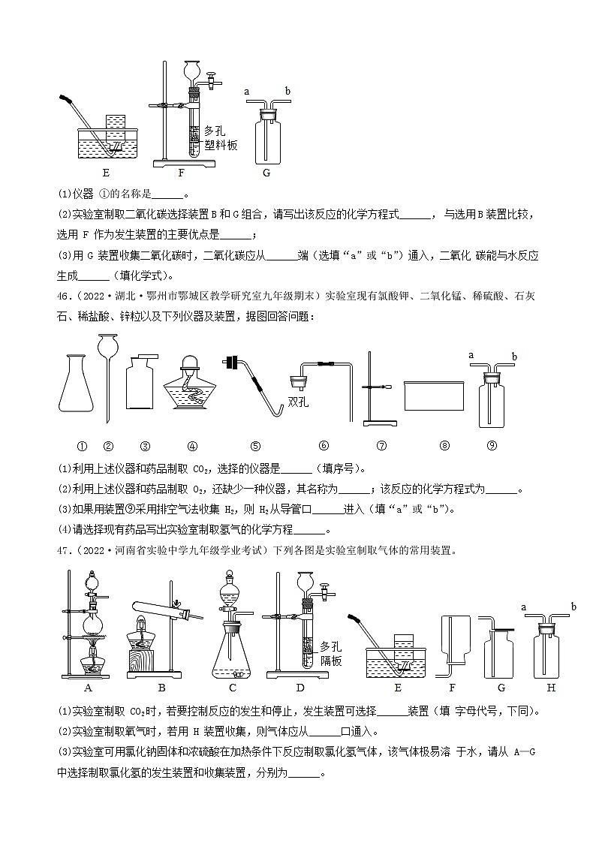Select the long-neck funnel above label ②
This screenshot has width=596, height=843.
pyautogui.click(x=107, y=375)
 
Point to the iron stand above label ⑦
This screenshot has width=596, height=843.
pyautogui.click(x=373, y=387)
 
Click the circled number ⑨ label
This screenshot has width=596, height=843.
pyautogui.click(x=492, y=445)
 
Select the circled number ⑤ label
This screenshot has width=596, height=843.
pyautogui.click(x=255, y=445)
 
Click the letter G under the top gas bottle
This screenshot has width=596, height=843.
pyautogui.click(x=266, y=172)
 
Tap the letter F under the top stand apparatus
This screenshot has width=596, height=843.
pyautogui.click(x=181, y=172)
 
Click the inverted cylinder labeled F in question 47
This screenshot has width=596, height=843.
pyautogui.click(x=451, y=638)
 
